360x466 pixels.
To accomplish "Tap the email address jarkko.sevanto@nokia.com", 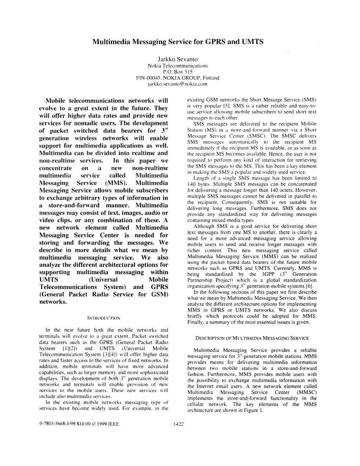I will tap(177, 84).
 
